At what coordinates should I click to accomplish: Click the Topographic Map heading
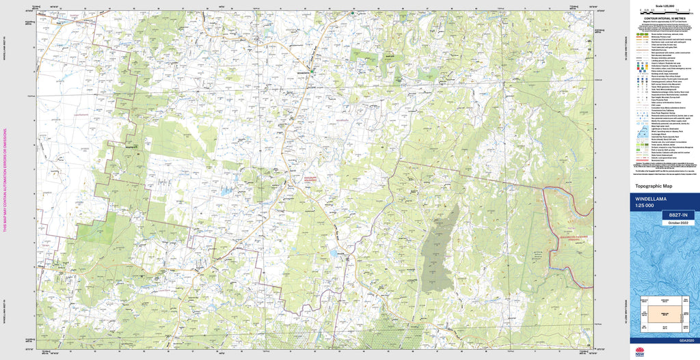tap(654, 186)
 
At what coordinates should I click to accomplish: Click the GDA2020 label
tap(684, 340)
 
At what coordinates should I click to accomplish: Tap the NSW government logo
tap(640, 352)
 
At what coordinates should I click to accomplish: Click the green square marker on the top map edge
tap(353, 13)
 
